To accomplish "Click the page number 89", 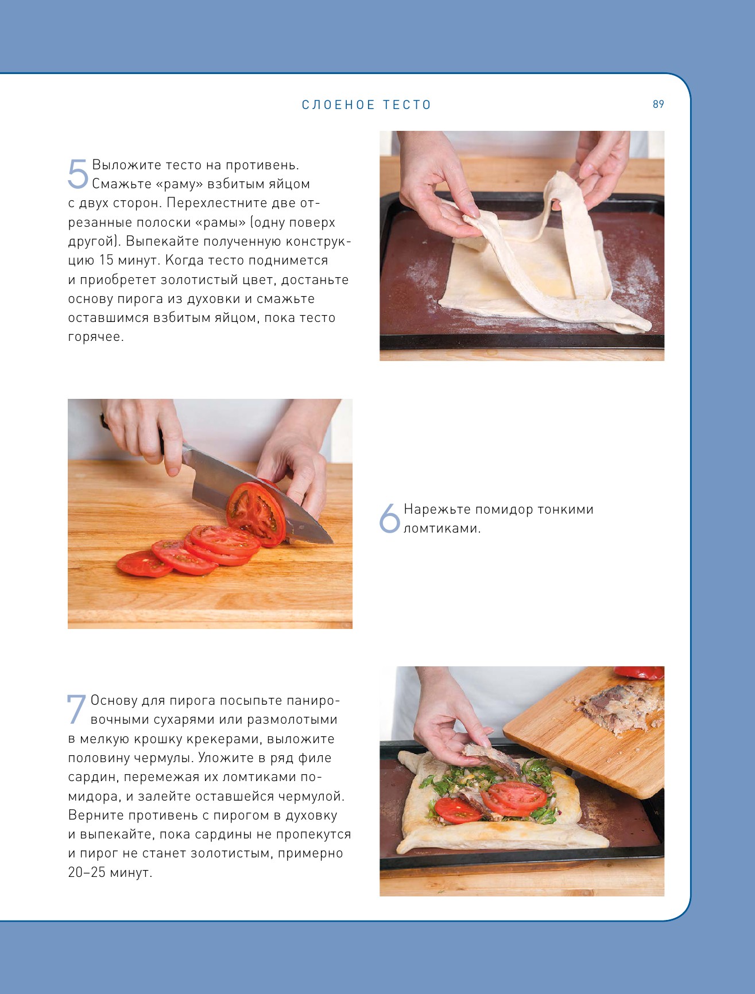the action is tap(658, 104).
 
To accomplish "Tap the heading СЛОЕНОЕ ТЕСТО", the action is tap(366, 105).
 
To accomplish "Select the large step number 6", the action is tap(389, 518).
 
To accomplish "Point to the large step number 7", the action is tap(76, 709).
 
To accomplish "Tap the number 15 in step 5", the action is tap(106, 261).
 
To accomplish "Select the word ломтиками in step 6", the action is tap(442, 529).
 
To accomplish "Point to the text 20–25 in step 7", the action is tap(86, 872).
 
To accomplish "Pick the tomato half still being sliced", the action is tap(257, 512).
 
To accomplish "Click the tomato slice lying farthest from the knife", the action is tap(144, 564).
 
